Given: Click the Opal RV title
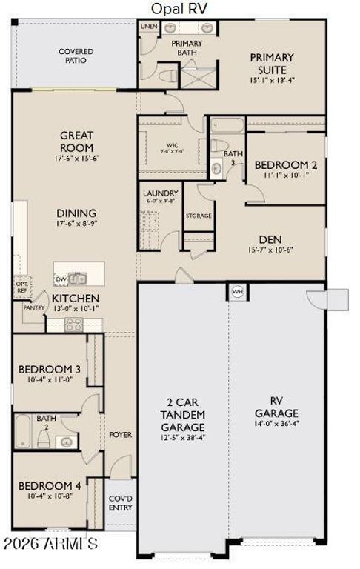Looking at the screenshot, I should point(179,7).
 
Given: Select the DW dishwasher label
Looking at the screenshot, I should point(61,279).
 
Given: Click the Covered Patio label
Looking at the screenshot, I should point(76,56).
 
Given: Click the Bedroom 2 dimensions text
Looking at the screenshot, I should point(286,176).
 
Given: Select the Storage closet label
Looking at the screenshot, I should point(199,216).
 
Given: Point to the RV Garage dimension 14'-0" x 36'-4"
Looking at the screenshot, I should point(276,425).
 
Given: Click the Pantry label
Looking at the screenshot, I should point(34,307).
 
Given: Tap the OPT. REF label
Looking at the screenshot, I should point(21,287).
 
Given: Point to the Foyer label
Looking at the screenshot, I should point(120,435).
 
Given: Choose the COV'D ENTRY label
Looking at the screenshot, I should point(120,503).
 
